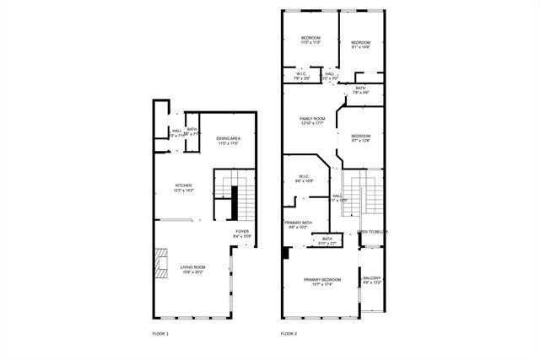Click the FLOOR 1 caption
click(x=159, y=335)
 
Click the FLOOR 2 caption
click(x=289, y=335)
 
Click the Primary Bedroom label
click(x=322, y=281)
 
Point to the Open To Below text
click(x=371, y=232)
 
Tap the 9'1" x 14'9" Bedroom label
click(x=361, y=45)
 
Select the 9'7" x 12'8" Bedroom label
click(x=360, y=138)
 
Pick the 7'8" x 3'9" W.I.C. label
click(x=301, y=76)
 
